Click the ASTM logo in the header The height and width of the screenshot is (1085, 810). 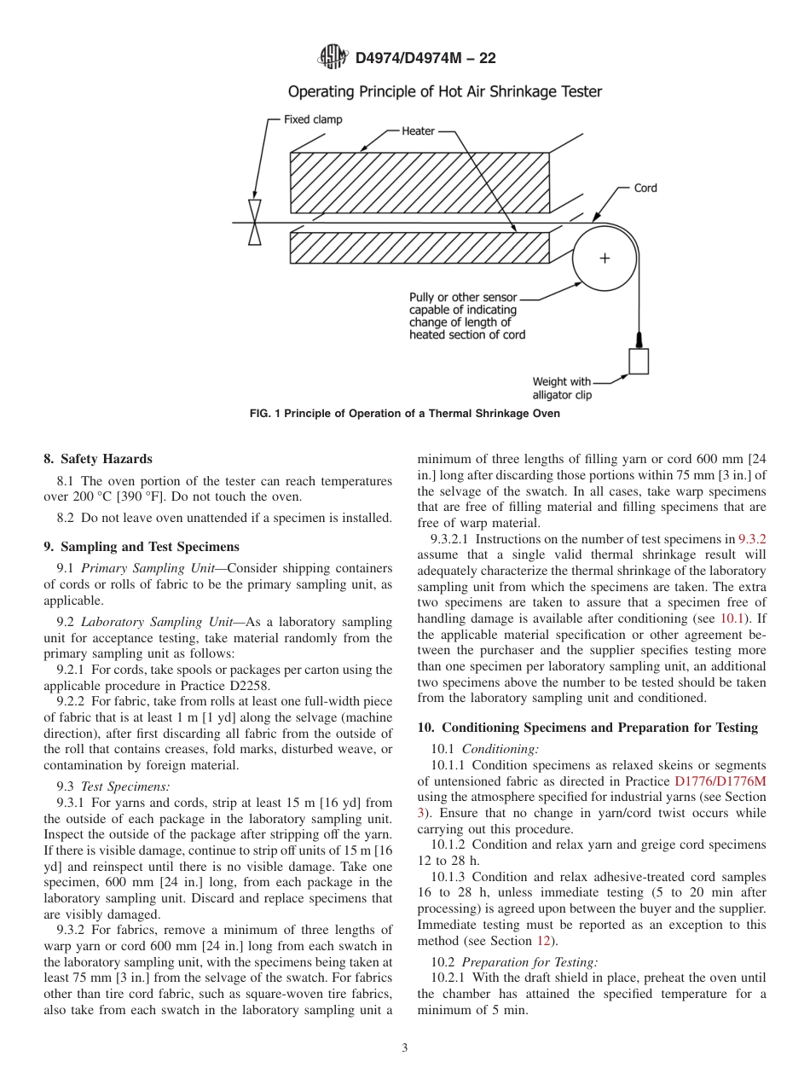coord(332,57)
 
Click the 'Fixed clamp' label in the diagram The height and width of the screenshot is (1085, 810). coord(313,119)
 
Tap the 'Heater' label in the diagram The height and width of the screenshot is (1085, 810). coord(418,131)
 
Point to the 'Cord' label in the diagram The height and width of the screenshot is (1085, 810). coord(645,188)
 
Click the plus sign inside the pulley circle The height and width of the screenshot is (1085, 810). coord(605,258)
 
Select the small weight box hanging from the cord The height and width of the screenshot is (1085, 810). coord(639,361)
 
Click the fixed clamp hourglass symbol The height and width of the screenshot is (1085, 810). coord(254,223)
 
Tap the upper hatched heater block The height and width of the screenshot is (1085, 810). coord(419,183)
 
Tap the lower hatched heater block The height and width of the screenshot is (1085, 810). coord(419,247)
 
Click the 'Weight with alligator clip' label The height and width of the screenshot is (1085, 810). coord(561,388)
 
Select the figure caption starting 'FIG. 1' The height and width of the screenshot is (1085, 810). coord(404,414)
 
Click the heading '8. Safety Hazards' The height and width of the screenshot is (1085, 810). coord(98,459)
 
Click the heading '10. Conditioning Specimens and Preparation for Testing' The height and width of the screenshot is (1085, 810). coord(587,728)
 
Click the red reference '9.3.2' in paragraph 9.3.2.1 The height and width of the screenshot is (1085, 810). coord(751,539)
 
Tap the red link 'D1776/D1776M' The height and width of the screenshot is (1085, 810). coord(720,780)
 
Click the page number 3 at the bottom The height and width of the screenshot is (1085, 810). coord(405,1048)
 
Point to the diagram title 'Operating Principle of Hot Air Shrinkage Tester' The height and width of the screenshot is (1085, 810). coord(444,91)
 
